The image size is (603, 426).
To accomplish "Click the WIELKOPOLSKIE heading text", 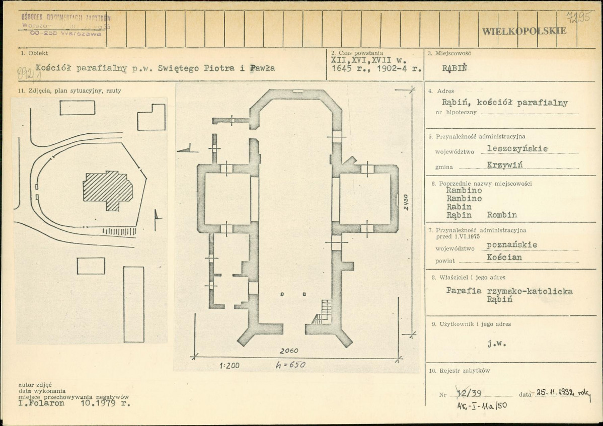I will click(x=524, y=31).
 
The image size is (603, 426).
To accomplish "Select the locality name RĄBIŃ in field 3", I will click(x=454, y=68).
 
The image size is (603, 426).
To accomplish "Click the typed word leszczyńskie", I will click(x=514, y=148).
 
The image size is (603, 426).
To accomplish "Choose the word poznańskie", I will click(x=511, y=244).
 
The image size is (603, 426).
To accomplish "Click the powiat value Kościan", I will click(x=504, y=257).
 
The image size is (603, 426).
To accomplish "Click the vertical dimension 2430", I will click(x=406, y=202).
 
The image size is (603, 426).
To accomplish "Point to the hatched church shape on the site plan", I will click(x=108, y=190).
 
